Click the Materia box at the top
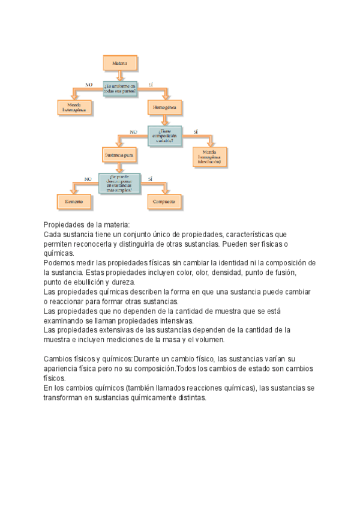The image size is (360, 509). (122, 62)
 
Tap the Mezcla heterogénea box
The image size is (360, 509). (74, 107)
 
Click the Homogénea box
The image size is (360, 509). (164, 108)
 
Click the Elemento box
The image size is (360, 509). (74, 202)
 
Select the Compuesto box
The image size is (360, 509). (164, 202)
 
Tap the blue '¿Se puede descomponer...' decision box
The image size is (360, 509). (119, 182)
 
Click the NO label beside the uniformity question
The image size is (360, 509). (89, 85)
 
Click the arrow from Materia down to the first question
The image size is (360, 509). (122, 74)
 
